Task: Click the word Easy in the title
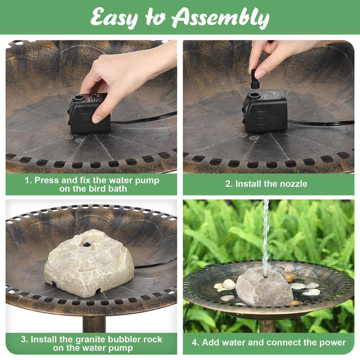point(114,18)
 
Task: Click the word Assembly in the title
point(220,18)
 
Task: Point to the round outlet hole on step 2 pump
point(254,95)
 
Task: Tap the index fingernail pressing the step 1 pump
point(97,119)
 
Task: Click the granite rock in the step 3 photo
point(89,264)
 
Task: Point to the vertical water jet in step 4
point(266,238)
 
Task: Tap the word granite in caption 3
point(90,339)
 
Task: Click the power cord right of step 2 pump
point(321,123)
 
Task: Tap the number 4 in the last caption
point(195,343)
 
